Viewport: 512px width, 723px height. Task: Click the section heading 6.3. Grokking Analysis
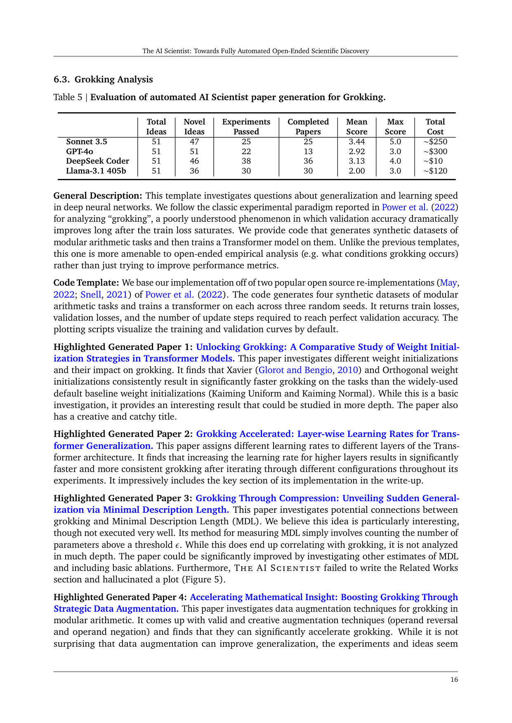pos(103,79)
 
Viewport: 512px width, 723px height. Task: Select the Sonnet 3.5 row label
pos(86,141)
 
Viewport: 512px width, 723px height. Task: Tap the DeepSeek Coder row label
pos(97,161)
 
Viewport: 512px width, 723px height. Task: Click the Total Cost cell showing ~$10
pos(435,161)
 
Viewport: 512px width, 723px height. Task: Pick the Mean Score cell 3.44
pos(356,141)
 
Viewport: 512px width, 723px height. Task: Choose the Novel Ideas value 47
pos(194,141)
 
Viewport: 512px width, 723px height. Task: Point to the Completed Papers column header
pos(308,127)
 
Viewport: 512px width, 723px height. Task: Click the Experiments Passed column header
pos(246,127)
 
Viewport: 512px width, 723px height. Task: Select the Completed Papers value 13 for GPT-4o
pos(308,151)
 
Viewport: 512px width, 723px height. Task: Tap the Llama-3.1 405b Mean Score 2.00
pos(356,171)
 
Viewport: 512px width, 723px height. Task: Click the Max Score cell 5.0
pos(395,141)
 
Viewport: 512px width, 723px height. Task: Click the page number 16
pos(454,680)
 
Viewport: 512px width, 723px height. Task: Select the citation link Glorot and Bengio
pos(295,370)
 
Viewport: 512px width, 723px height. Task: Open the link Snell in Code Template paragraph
pos(91,294)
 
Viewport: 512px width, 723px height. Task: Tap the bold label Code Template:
pos(86,283)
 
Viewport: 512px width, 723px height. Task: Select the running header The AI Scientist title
pos(255,51)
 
